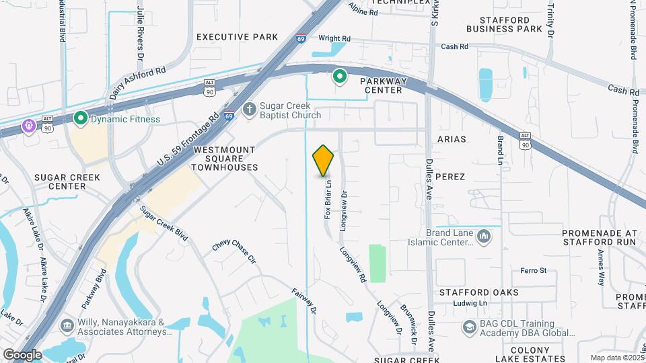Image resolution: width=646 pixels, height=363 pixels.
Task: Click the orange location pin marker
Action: pos(324,160)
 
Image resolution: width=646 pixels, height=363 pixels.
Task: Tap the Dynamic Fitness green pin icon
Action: pos(81,119)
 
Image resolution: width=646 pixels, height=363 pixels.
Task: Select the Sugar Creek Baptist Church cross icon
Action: pos(250,109)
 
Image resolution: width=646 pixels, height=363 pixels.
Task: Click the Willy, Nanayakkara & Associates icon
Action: pos(67,326)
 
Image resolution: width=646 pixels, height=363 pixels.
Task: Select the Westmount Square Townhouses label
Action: pos(225,158)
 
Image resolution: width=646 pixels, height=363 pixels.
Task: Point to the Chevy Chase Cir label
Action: pos(234,253)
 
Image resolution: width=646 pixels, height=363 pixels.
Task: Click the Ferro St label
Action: pos(534,270)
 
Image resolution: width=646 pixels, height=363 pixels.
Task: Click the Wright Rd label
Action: pos(334,39)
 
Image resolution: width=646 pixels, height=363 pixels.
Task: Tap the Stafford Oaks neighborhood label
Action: pos(478,292)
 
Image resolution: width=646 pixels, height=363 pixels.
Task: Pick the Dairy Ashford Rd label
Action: pos(139,83)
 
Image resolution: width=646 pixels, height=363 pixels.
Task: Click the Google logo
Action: pos(22,354)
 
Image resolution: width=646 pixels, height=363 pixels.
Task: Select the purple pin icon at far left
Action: pos(29,125)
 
